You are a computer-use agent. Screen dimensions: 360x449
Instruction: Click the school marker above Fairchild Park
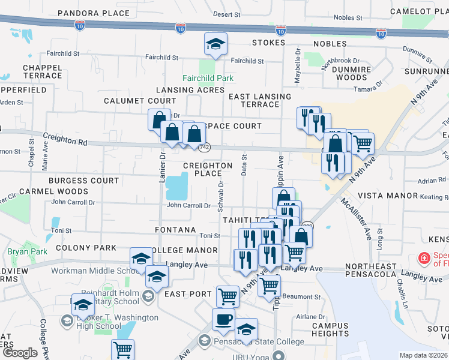point(215,44)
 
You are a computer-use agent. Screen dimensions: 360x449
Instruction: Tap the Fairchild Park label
point(208,78)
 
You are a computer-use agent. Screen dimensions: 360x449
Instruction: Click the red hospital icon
point(424,258)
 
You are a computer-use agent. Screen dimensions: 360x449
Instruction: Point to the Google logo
point(20,353)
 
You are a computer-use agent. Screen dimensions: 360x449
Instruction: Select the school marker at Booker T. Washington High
point(83,305)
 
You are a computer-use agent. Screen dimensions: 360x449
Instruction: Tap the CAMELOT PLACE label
point(418,11)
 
